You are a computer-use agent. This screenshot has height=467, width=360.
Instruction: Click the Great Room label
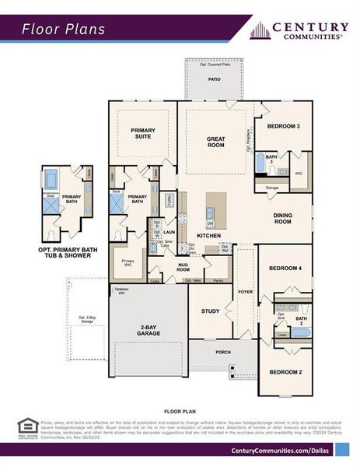[x=215, y=142]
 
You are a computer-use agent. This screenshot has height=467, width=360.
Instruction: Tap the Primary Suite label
[x=142, y=134]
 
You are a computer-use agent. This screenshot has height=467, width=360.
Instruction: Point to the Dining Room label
[x=282, y=219]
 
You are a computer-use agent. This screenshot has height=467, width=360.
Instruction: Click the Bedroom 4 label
[x=285, y=269]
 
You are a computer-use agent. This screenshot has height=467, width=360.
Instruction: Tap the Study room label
[x=211, y=311]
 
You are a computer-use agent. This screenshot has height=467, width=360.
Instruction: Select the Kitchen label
[x=208, y=236]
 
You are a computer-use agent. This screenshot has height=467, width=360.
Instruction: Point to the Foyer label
[x=246, y=292]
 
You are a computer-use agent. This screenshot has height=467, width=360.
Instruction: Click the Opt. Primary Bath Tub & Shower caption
[x=68, y=253]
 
